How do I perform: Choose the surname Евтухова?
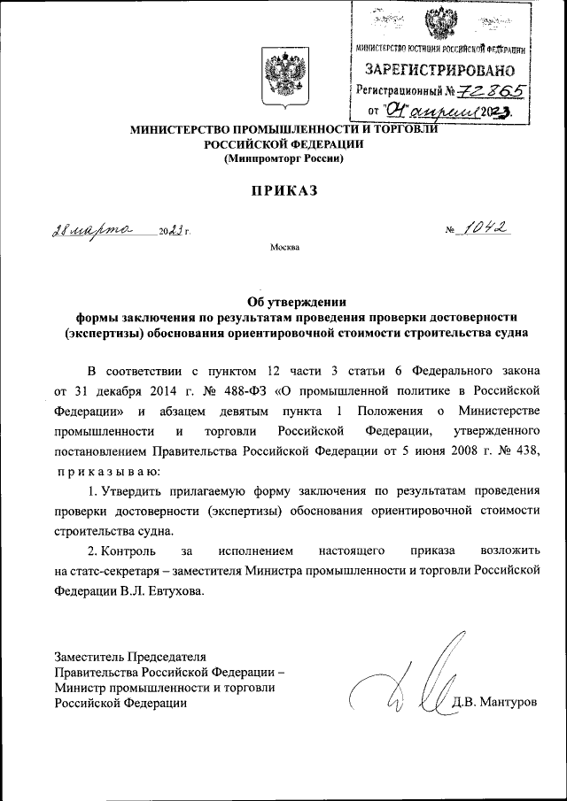click(x=175, y=592)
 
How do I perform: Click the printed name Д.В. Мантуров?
click(x=494, y=702)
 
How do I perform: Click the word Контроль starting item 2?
click(x=129, y=551)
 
